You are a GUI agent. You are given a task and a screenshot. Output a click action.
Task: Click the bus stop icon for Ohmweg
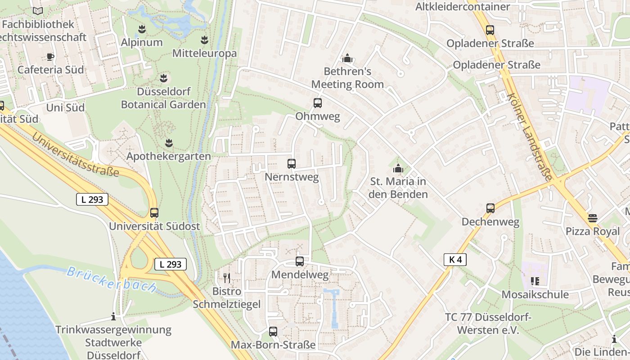click(x=318, y=103)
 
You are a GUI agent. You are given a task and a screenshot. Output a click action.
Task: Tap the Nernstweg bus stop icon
click(x=292, y=164)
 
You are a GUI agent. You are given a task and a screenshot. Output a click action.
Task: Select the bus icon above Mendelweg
click(x=300, y=261)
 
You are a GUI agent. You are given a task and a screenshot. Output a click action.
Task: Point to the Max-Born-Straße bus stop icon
click(x=273, y=332)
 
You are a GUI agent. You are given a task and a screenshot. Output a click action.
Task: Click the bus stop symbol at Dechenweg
click(x=490, y=208)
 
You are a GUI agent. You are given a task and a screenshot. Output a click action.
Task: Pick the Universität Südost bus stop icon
click(x=154, y=213)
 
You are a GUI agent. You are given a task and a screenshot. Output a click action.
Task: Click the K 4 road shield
click(x=455, y=259)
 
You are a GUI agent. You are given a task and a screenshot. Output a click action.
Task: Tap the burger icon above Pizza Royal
click(x=593, y=218)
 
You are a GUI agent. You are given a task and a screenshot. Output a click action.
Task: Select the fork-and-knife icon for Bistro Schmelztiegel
click(x=227, y=278)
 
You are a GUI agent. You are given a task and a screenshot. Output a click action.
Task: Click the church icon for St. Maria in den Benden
click(x=398, y=169)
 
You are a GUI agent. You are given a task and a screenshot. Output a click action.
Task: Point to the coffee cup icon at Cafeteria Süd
click(x=50, y=57)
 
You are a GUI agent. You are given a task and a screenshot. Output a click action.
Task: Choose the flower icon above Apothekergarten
click(x=169, y=143)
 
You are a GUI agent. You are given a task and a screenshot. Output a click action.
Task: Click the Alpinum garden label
click(x=142, y=42)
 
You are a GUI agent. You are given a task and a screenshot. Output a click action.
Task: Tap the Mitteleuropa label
click(x=204, y=54)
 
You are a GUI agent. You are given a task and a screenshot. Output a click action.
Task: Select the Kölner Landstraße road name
click(x=529, y=137)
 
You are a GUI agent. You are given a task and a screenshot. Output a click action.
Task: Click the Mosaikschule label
click(x=535, y=295)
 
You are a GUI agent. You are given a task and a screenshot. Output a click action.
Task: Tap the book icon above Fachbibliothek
click(x=38, y=11)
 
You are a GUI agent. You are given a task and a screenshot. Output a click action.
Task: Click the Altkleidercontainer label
click(x=462, y=7)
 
